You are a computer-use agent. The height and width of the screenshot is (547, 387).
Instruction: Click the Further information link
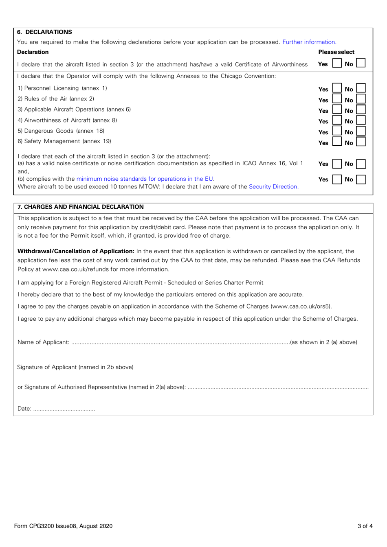(309, 42)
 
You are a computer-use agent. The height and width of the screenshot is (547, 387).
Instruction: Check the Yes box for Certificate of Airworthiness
(337, 63)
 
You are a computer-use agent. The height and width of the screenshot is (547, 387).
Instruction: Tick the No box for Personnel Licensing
(361, 88)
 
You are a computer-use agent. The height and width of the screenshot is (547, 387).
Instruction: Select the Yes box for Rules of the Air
(337, 99)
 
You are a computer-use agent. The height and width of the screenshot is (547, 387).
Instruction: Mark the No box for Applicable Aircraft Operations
(361, 110)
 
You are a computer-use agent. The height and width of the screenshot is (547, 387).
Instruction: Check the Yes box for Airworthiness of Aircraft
(337, 120)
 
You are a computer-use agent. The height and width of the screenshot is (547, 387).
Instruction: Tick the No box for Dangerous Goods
(361, 131)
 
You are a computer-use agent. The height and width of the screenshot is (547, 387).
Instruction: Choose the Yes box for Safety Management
(337, 142)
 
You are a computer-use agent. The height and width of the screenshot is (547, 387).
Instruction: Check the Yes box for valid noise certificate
(337, 164)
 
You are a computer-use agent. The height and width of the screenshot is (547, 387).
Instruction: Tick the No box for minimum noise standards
(361, 179)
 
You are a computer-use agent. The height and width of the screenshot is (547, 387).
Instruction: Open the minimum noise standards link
(145, 179)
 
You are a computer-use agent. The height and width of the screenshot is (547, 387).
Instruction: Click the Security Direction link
(273, 186)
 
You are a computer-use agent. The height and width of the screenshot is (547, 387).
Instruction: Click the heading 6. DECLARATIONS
(45, 32)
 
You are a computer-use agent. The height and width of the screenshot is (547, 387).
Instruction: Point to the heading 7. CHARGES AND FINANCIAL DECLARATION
(81, 207)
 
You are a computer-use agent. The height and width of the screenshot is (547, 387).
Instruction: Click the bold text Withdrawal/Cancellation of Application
(76, 251)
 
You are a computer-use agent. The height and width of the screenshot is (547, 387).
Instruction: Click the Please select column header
(336, 52)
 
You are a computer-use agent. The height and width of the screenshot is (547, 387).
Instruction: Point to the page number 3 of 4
(365, 526)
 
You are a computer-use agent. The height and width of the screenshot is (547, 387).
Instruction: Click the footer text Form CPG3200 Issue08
(63, 526)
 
